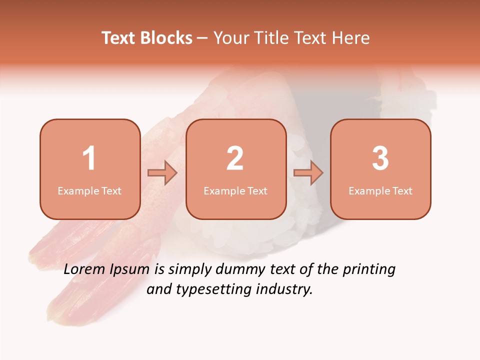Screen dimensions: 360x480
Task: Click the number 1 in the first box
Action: [x=89, y=158]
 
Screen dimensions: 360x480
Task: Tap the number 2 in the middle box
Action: [x=235, y=158]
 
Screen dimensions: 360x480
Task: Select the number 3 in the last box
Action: [x=380, y=158]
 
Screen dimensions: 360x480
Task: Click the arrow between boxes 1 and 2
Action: [x=162, y=173]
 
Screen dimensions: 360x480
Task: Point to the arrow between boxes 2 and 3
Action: [x=308, y=173]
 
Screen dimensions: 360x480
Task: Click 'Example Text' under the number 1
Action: [x=89, y=191]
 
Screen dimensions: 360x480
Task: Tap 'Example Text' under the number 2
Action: [x=235, y=191]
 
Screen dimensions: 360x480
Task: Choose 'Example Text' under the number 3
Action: [x=380, y=191]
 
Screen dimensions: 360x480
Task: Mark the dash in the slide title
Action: [x=202, y=38]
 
